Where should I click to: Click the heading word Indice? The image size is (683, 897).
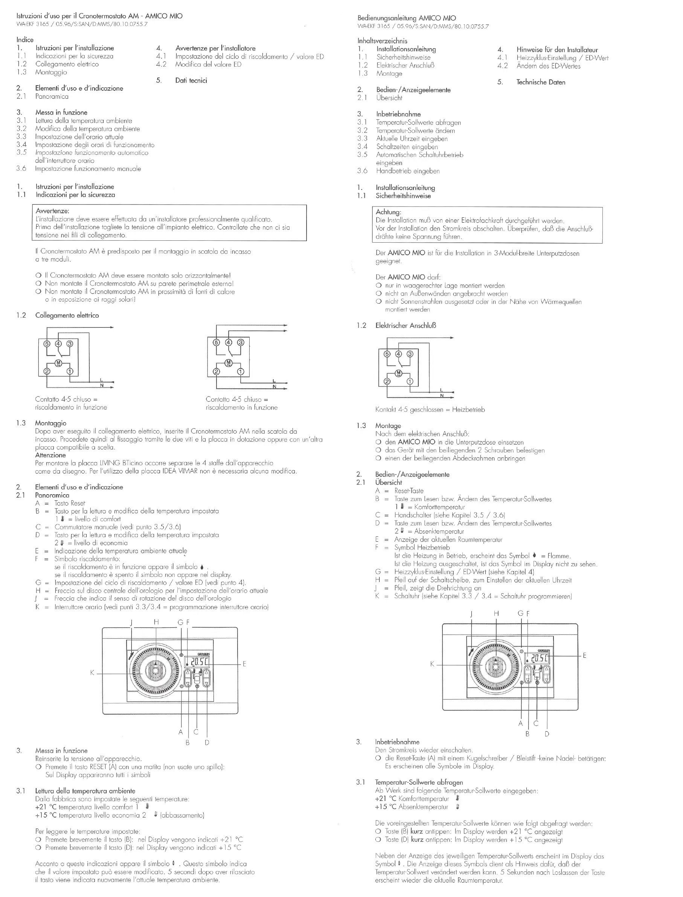click(x=25, y=40)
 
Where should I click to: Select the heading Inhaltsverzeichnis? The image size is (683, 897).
click(x=382, y=41)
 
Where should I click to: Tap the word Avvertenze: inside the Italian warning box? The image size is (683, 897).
click(x=52, y=211)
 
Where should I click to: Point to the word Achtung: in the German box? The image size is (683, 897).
click(x=388, y=212)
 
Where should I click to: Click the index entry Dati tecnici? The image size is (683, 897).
click(x=191, y=81)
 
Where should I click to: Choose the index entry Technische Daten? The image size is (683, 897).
click(x=541, y=82)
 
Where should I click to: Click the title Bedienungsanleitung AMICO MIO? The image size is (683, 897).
click(x=407, y=18)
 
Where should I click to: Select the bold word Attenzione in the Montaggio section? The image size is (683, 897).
click(x=50, y=455)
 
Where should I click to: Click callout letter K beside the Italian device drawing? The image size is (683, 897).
click(x=92, y=672)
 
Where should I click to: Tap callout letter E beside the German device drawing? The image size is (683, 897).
click(x=584, y=656)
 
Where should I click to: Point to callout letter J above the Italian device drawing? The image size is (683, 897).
click(x=131, y=623)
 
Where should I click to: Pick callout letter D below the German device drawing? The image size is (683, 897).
click(x=547, y=734)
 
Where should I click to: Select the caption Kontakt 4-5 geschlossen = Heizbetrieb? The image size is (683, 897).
click(x=430, y=410)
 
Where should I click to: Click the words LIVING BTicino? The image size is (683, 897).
click(x=116, y=463)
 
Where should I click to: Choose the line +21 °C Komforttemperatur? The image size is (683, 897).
click(x=412, y=799)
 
